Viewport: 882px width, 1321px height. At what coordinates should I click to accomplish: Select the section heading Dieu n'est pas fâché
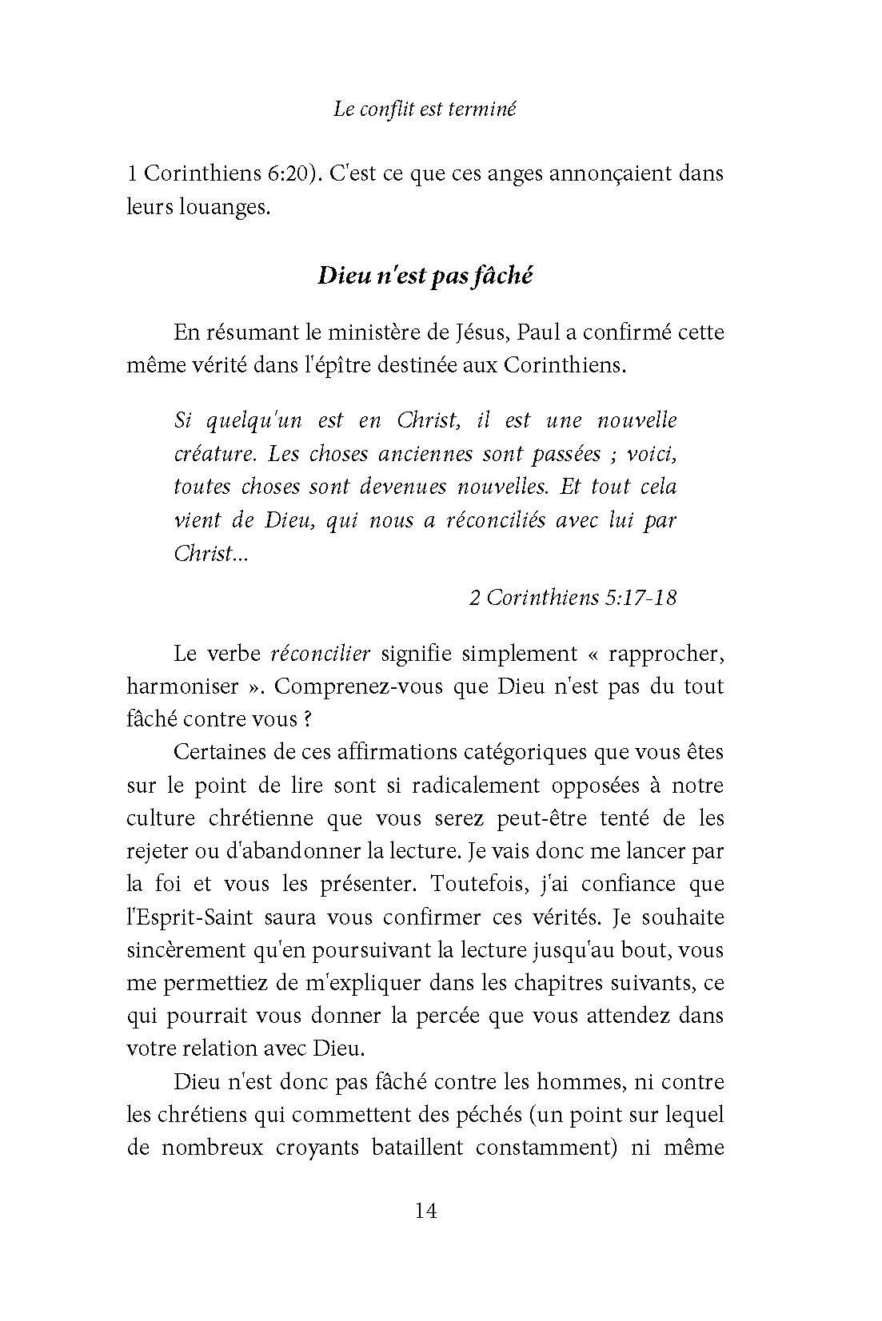coord(425,276)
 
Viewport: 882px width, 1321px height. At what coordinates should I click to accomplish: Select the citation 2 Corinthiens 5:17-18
coord(573,597)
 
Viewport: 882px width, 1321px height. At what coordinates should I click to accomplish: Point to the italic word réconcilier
coord(321,653)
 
